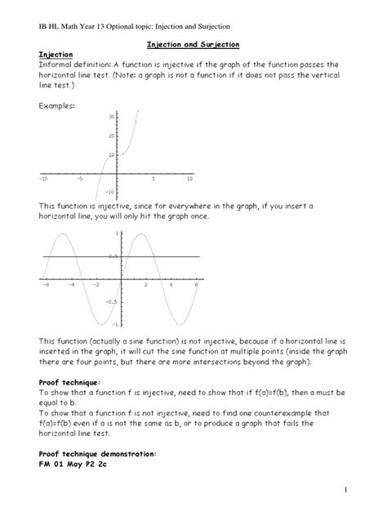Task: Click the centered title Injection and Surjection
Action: point(193,48)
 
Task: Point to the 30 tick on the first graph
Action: point(112,117)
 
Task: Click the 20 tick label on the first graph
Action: point(112,136)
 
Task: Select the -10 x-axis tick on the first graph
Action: point(43,177)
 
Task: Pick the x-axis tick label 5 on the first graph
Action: point(153,177)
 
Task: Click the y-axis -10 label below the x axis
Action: point(110,191)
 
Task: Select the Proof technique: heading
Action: point(70,381)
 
